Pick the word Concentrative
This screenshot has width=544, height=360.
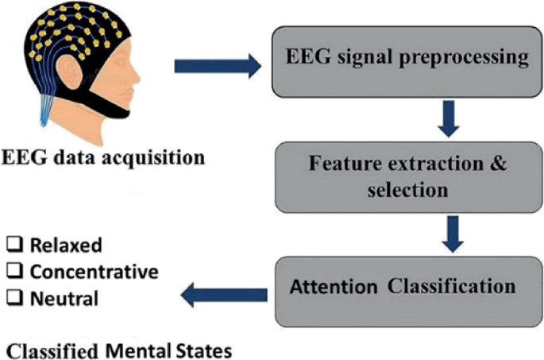click(x=95, y=273)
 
